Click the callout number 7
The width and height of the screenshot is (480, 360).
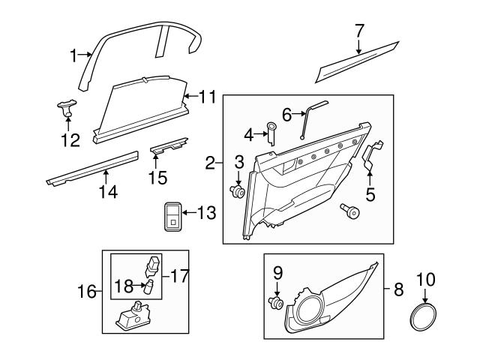359,31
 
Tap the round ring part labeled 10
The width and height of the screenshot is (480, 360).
425,316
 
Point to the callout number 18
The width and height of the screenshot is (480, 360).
124,286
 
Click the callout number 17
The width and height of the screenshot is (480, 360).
181,276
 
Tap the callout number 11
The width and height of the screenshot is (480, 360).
208,96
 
